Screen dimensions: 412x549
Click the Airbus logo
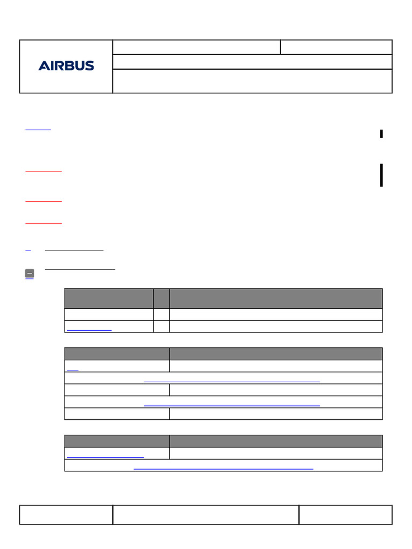[x=66, y=65]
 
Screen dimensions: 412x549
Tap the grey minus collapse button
[x=30, y=273]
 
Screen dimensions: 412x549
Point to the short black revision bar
[x=381, y=133]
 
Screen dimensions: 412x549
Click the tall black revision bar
[x=381, y=175]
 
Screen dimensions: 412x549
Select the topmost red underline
[x=43, y=172]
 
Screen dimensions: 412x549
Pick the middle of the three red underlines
[x=43, y=201]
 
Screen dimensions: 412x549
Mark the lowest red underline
[x=43, y=222]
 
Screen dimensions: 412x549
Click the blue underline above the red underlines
[x=38, y=130]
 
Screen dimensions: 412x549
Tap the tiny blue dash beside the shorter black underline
[x=28, y=250]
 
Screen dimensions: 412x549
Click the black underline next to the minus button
[x=80, y=270]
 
